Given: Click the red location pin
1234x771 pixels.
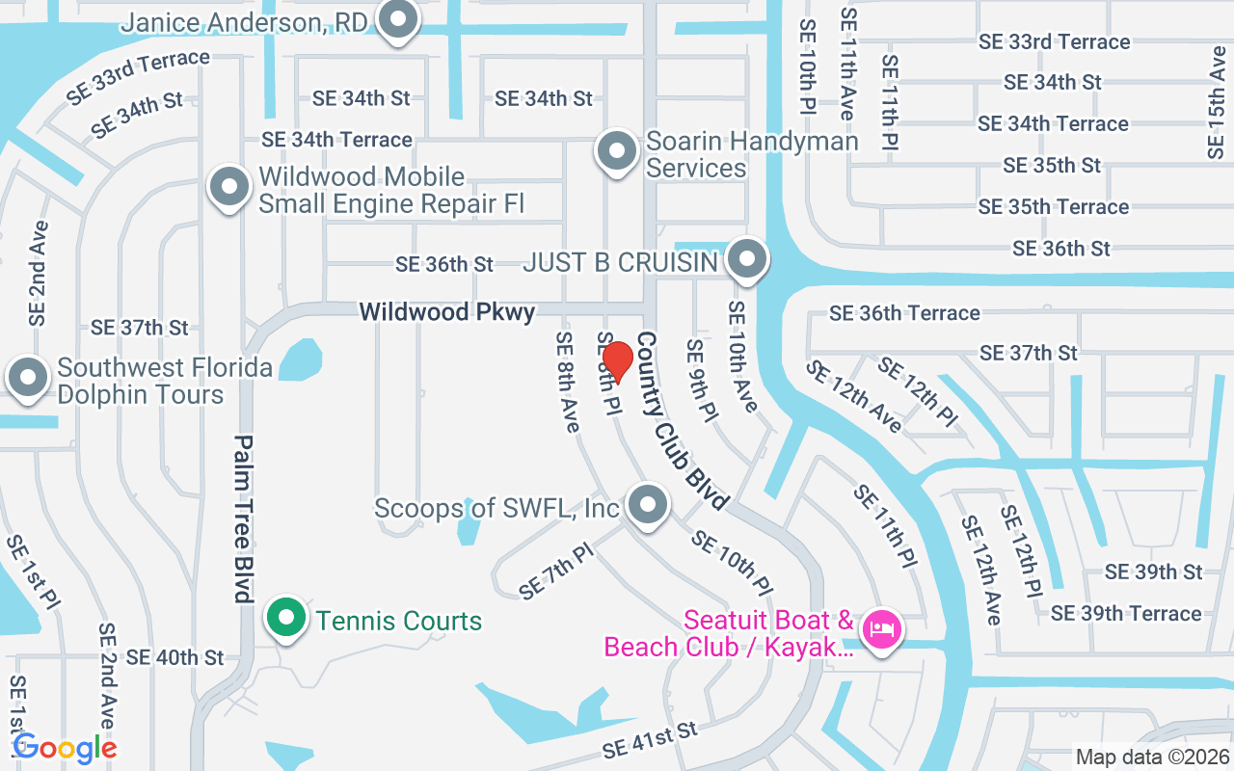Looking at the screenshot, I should [x=617, y=360].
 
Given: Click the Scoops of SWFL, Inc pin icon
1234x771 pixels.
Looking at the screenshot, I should [x=648, y=504].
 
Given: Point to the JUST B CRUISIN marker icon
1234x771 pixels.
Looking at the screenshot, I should [x=747, y=258].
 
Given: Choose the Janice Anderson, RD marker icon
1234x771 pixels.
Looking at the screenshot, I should [x=396, y=19].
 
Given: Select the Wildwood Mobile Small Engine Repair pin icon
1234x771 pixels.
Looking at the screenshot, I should [x=230, y=187].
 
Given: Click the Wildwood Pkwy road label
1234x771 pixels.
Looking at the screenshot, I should [x=447, y=312].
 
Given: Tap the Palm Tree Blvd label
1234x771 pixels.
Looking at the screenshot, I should [x=243, y=518].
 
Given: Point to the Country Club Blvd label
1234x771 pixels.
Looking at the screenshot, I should [x=681, y=421].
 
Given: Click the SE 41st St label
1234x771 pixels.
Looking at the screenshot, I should [x=650, y=740].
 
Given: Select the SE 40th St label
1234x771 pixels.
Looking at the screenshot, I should [x=174, y=657].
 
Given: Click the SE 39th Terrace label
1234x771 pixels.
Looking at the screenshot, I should [x=1126, y=613].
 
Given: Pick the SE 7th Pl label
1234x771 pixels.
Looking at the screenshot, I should [x=555, y=573].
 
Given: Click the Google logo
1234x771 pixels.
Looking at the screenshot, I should [x=65, y=747].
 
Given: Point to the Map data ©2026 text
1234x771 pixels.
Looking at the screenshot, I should [x=1151, y=758].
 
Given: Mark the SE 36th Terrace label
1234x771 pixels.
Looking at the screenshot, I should [x=904, y=312].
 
